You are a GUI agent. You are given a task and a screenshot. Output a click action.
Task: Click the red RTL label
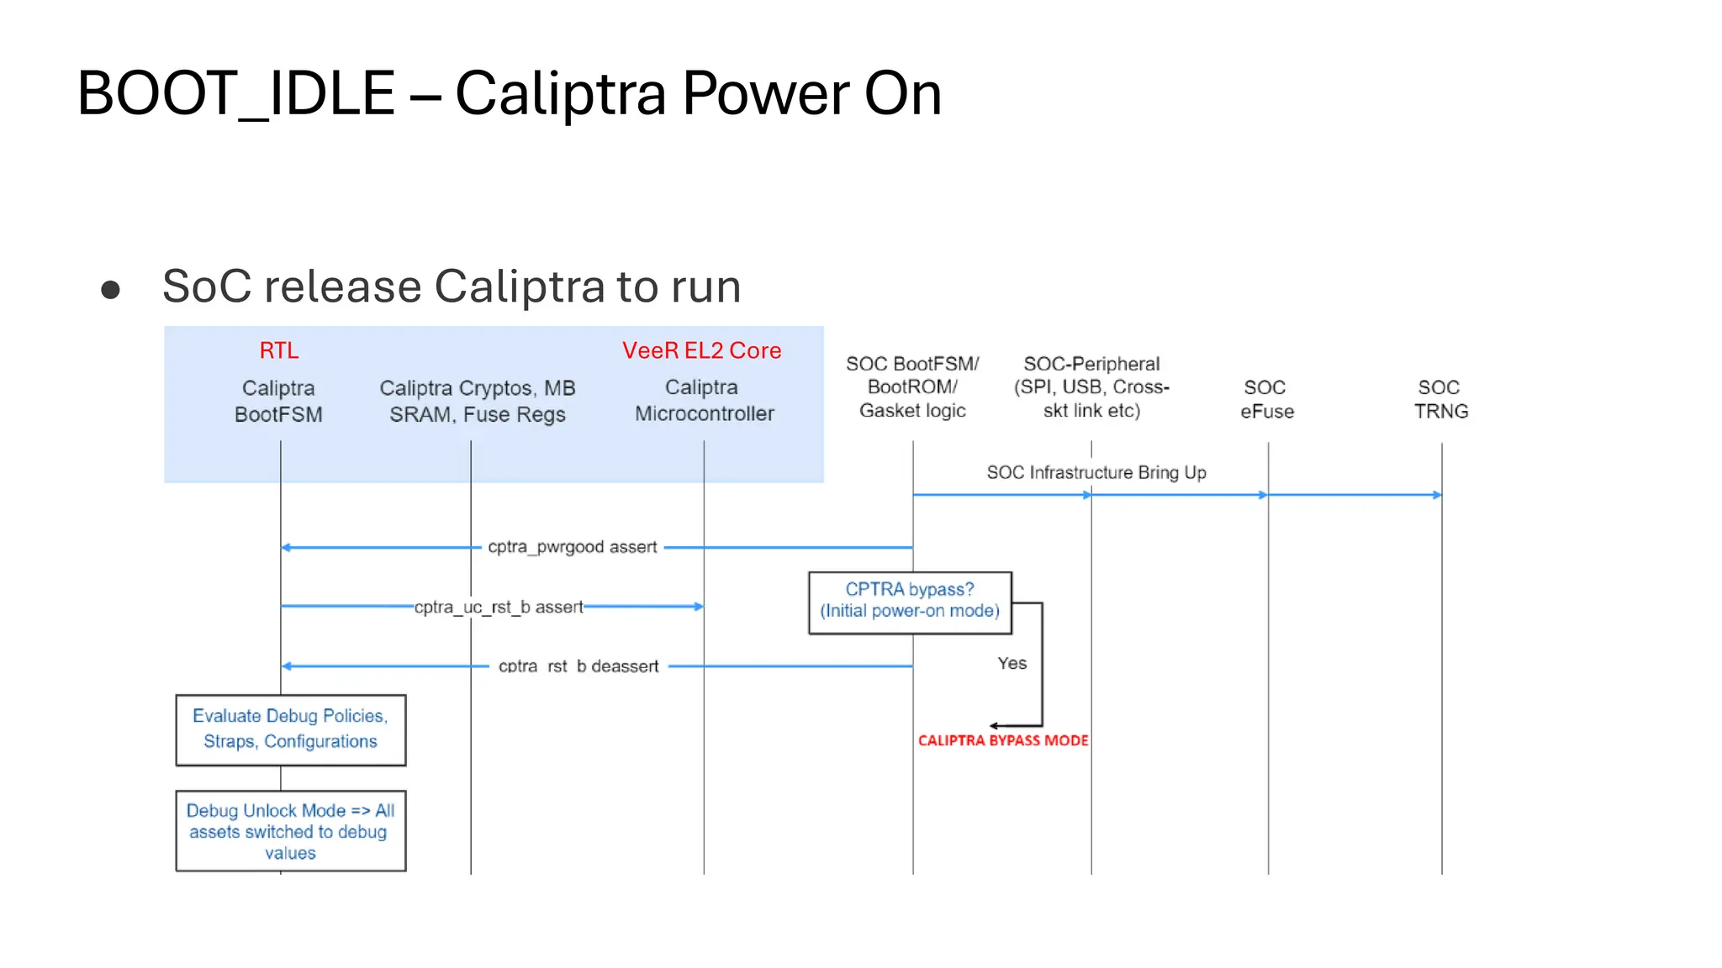[x=278, y=350]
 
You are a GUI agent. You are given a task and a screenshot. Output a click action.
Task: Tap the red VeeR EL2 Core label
[x=701, y=350]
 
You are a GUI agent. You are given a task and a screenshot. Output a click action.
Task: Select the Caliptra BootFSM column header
[x=278, y=401]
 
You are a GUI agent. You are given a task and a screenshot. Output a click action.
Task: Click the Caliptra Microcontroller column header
[x=704, y=400]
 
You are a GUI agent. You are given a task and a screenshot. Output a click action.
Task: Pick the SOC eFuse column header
[x=1266, y=399]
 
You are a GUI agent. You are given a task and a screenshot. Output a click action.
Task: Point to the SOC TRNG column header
[x=1440, y=399]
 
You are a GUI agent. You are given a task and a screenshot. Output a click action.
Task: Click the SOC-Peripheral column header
[x=1091, y=387]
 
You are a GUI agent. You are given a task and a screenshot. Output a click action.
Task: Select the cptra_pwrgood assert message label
[x=572, y=547]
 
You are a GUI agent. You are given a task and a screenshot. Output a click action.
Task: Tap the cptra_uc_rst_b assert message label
[x=498, y=607]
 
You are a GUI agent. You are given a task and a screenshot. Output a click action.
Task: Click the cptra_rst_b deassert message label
[x=578, y=666]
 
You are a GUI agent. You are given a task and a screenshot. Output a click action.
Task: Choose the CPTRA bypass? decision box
[x=910, y=602]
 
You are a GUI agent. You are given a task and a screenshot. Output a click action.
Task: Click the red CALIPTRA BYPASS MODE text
[x=1002, y=740]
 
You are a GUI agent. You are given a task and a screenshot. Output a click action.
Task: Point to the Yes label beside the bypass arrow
[x=1012, y=663]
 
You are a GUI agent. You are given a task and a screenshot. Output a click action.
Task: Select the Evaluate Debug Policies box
[x=290, y=729]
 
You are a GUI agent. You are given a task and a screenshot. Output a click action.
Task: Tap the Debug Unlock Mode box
[x=290, y=831]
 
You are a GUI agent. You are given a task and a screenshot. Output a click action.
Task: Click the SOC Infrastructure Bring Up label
[x=1096, y=472]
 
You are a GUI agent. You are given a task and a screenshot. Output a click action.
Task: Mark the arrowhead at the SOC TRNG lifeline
[x=1437, y=495]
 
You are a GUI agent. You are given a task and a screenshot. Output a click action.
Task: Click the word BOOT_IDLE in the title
[x=236, y=93]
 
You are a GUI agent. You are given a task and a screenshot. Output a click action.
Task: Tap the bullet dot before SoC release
[x=110, y=290]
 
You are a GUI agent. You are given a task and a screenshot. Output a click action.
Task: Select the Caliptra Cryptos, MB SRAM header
[x=477, y=401]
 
